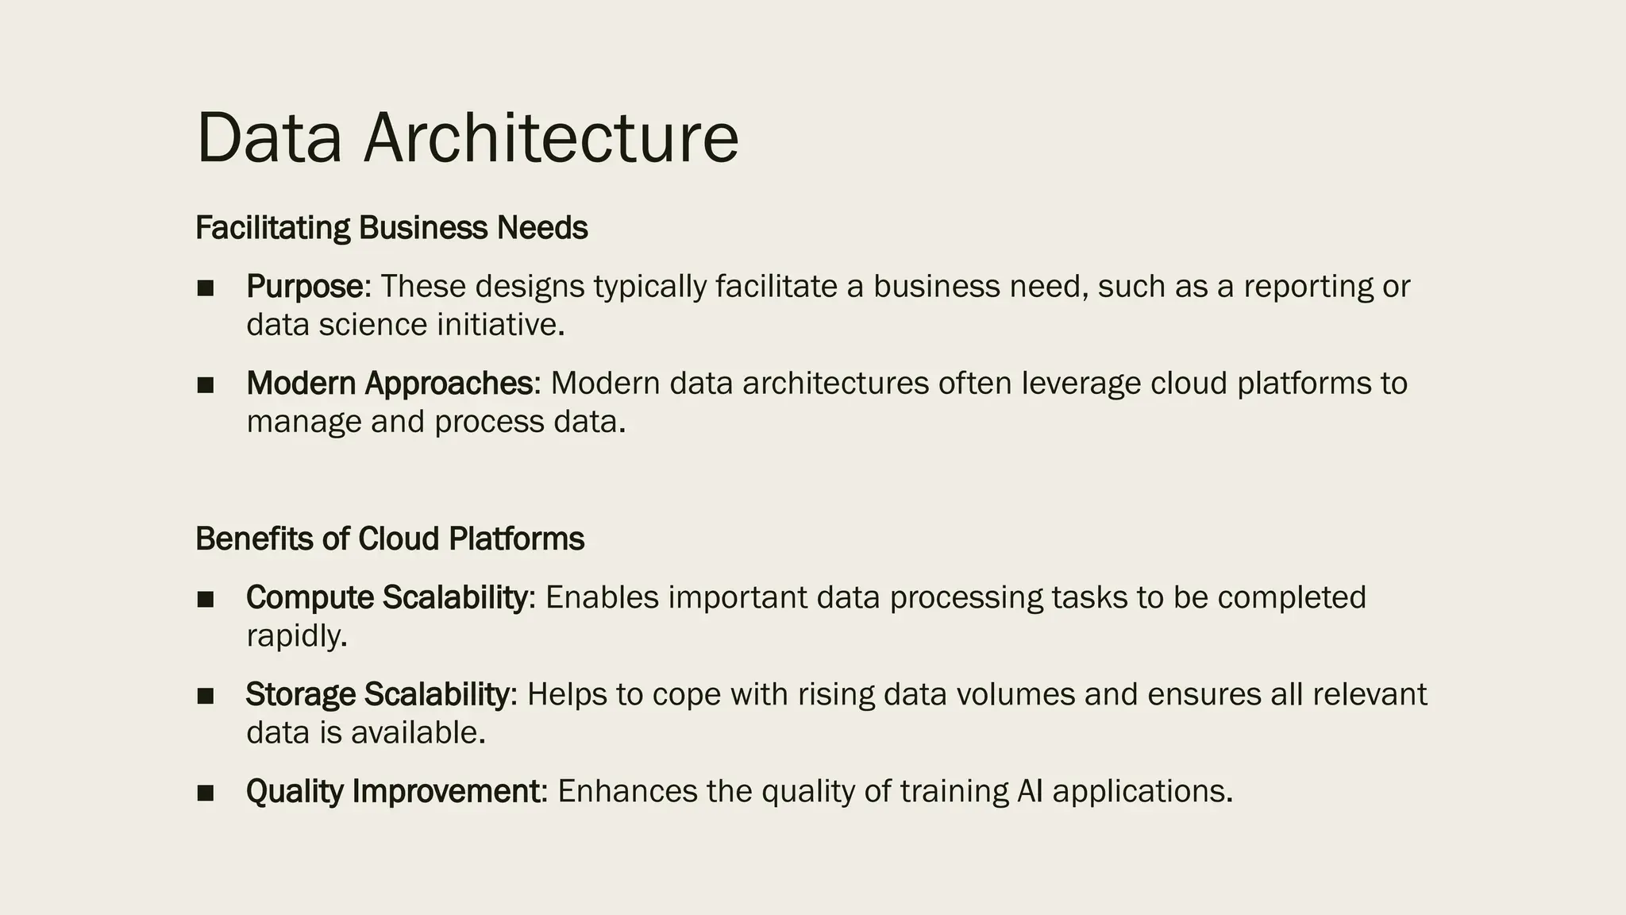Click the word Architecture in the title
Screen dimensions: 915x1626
pyautogui.click(x=551, y=138)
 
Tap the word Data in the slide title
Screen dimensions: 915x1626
pyautogui.click(x=269, y=138)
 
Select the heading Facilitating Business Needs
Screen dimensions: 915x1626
pyautogui.click(x=391, y=228)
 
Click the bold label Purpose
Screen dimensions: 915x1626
pyautogui.click(x=304, y=286)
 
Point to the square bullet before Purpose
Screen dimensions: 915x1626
pyautogui.click(x=206, y=288)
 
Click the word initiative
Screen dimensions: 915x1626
pyautogui.click(x=499, y=325)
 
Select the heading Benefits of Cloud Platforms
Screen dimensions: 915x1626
pyautogui.click(x=390, y=539)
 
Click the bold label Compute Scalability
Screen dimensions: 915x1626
pyautogui.click(x=386, y=597)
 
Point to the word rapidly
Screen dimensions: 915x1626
pyautogui.click(x=296, y=635)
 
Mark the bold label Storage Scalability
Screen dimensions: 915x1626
pyautogui.click(x=377, y=694)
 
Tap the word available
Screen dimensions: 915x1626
pyautogui.click(x=417, y=732)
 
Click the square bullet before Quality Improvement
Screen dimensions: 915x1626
pyautogui.click(x=206, y=793)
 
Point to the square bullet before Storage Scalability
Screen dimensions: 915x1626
pyautogui.click(x=206, y=696)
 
